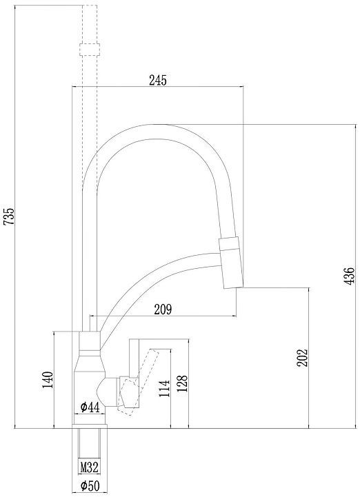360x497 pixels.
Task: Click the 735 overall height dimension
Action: [9, 217]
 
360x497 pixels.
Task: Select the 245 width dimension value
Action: [158, 80]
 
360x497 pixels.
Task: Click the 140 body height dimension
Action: [48, 380]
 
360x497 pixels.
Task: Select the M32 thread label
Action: [90, 467]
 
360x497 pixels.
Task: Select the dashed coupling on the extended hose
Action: [90, 49]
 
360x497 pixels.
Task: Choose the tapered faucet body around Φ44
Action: [89, 386]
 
